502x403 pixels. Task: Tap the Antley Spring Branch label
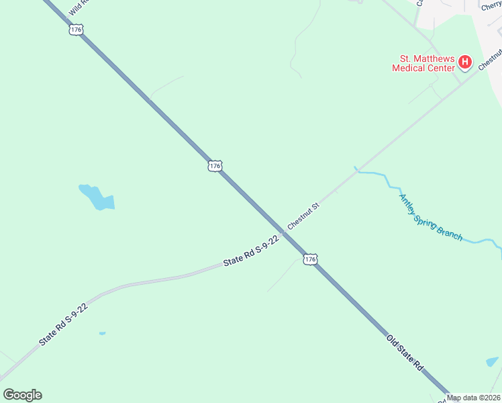(431, 217)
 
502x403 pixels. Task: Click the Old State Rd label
(405, 351)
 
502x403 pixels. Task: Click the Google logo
(22, 395)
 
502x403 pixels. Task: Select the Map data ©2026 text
(473, 398)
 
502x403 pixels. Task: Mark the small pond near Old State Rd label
(492, 362)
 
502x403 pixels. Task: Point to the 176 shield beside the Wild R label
(75, 30)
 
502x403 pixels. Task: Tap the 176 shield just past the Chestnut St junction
(309, 259)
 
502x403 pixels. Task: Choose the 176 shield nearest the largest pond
(214, 166)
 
